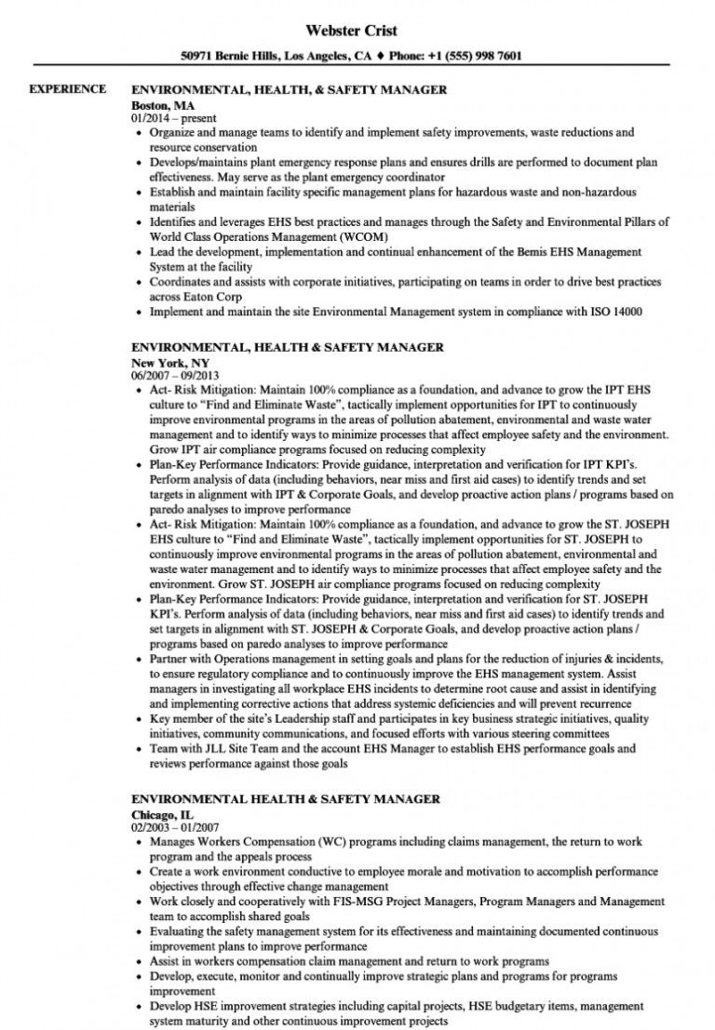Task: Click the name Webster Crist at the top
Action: point(357,31)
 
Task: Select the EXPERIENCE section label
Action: point(68,89)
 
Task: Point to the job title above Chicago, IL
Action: point(286,798)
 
